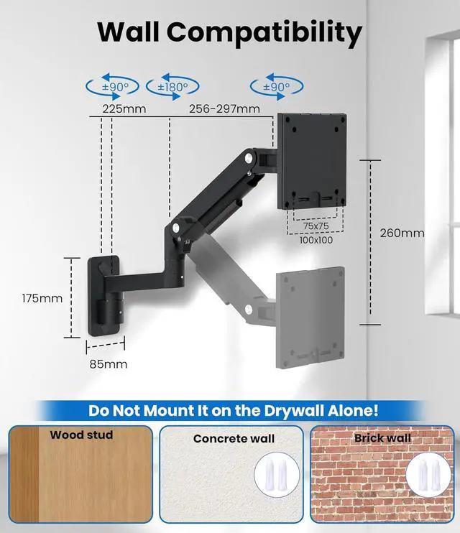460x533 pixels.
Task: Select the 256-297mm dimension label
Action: point(224,109)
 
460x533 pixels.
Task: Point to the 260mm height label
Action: point(402,233)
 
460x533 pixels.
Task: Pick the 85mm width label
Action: point(109,364)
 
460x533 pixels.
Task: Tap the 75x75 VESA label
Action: point(316,226)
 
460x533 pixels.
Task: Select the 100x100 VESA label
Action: point(316,240)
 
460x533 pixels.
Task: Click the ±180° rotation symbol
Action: point(172,87)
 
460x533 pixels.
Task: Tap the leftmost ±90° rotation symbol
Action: point(113,87)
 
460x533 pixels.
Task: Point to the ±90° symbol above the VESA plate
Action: point(277,87)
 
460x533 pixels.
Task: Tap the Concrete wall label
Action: point(234,438)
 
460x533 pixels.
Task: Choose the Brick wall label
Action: point(382,437)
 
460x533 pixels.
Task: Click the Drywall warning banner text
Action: point(234,411)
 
